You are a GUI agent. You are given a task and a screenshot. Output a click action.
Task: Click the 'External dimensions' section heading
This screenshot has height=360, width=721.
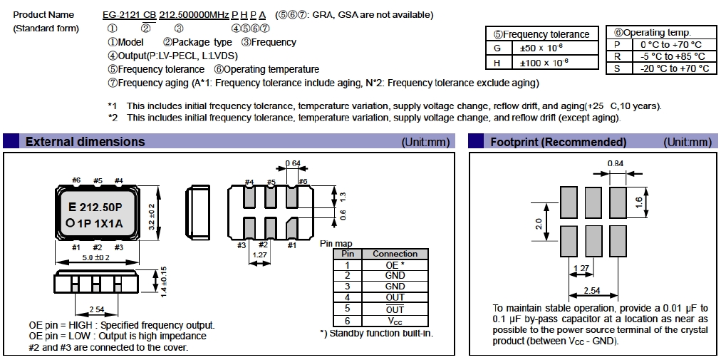[85, 142]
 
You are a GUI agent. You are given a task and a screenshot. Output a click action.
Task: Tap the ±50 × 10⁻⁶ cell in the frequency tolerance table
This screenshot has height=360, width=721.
[542, 48]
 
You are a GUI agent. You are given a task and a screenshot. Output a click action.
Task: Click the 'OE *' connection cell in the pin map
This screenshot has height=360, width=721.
[395, 264]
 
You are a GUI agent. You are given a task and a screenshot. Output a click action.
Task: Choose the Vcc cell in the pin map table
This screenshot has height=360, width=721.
[395, 321]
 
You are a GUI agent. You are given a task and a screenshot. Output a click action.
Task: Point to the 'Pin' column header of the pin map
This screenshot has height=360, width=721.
[348, 254]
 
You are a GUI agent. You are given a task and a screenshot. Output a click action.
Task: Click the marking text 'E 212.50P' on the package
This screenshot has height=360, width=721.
[97, 207]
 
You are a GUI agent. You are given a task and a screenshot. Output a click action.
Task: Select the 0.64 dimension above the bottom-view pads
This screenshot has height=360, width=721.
[292, 163]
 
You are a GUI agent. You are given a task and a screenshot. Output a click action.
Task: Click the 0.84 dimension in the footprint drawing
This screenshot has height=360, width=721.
[617, 163]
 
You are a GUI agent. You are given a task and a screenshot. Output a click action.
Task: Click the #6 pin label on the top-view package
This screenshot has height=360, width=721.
[77, 180]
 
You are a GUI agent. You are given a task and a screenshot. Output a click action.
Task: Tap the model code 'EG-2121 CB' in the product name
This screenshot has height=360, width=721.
[128, 15]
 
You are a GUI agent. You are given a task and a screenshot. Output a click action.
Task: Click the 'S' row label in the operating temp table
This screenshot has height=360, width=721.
[617, 68]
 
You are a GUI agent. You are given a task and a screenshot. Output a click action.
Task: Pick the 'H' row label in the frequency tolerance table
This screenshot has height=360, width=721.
[498, 63]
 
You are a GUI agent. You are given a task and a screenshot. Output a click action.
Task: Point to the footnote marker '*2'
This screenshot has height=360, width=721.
[112, 118]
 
